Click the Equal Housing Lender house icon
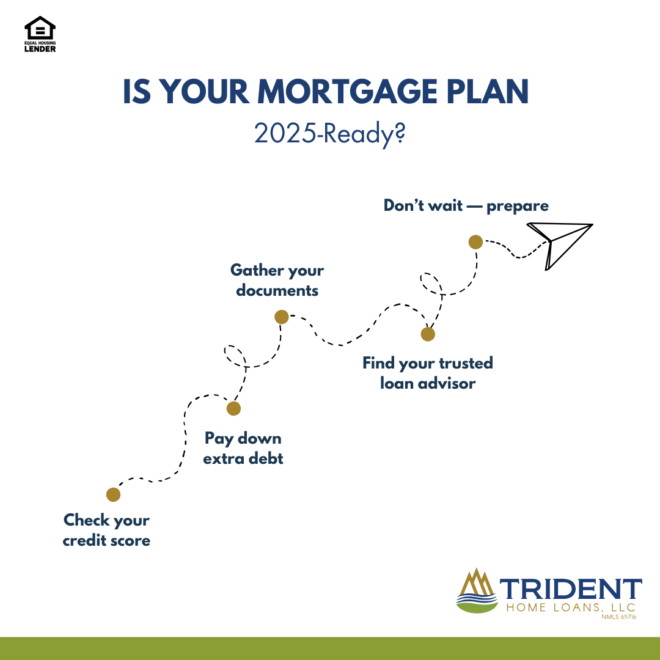40,28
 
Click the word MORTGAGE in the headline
348,91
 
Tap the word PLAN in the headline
488,91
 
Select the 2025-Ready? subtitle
329,134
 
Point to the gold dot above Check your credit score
113,494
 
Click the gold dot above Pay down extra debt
233,408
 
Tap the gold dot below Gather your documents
282,317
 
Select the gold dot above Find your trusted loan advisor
428,334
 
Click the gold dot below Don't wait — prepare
475,242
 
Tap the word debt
265,458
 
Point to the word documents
277,290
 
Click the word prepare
518,207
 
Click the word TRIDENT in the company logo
571,589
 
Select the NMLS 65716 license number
618,617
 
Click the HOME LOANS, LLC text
571,607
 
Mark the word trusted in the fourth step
466,363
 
